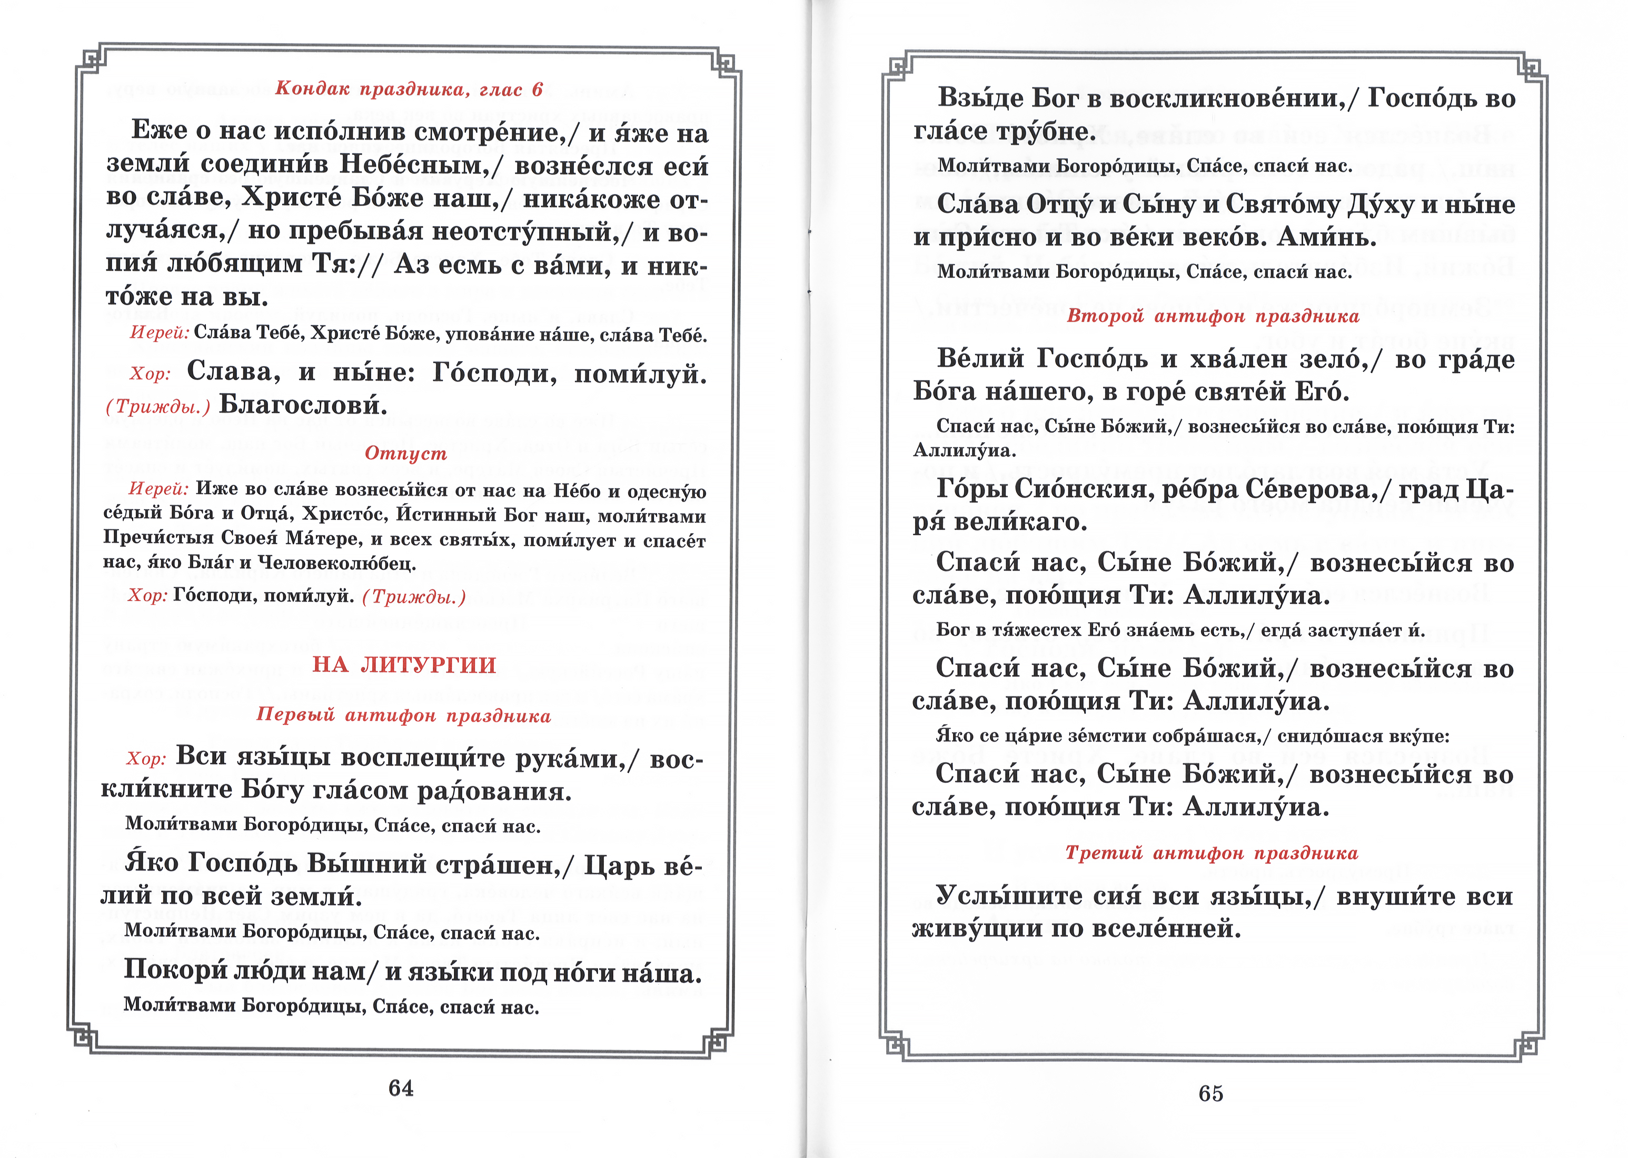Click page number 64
pos(401,1088)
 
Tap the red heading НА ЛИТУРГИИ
pos(404,665)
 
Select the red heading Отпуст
pos(406,454)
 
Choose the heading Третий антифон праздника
pos(1212,853)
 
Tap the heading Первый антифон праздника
pos(404,715)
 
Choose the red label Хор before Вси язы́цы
pos(146,758)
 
